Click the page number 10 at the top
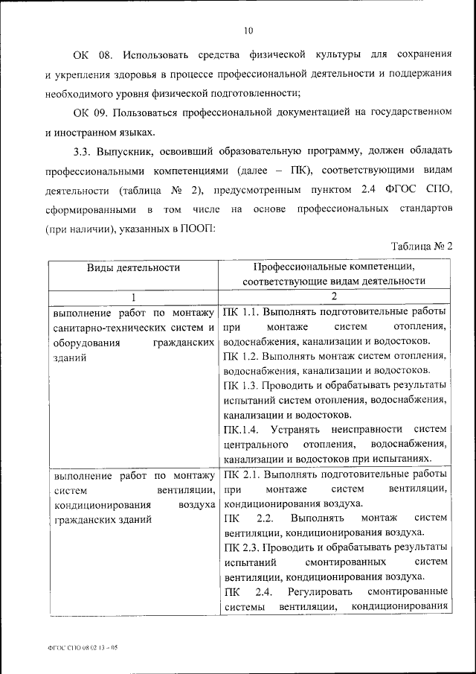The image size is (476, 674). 248,31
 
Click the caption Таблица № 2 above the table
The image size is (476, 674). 421,247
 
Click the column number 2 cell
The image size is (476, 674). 335,296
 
